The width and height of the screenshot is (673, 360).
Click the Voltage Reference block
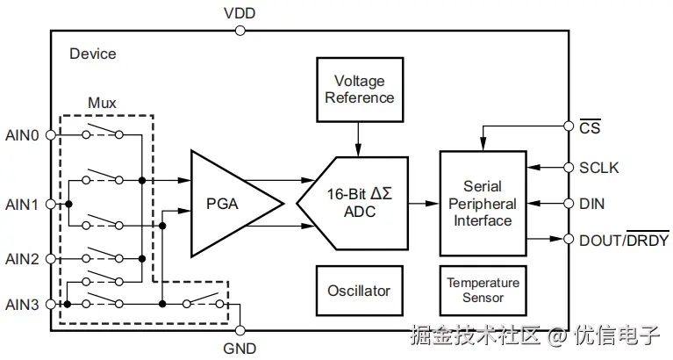360,90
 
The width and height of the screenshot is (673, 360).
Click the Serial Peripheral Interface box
483,204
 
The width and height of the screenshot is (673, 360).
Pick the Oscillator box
359,291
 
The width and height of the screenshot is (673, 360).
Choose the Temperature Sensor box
483,291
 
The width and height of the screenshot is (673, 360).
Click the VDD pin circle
240,31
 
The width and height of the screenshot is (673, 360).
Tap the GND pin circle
240,330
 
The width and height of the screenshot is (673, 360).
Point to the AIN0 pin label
22,135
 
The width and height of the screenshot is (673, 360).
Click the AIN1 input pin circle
51,204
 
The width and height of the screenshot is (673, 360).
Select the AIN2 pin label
22,259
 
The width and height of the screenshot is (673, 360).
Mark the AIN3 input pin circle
51,304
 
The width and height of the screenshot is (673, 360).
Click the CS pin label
590,127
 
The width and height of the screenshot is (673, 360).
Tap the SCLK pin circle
569,168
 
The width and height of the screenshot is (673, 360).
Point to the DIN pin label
592,204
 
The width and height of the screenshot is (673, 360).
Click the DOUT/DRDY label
624,240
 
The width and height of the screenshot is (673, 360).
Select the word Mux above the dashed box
102,103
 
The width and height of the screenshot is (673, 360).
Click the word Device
93,54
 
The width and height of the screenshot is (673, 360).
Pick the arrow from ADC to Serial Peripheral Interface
424,204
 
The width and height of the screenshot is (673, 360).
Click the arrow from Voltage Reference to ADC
358,140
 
